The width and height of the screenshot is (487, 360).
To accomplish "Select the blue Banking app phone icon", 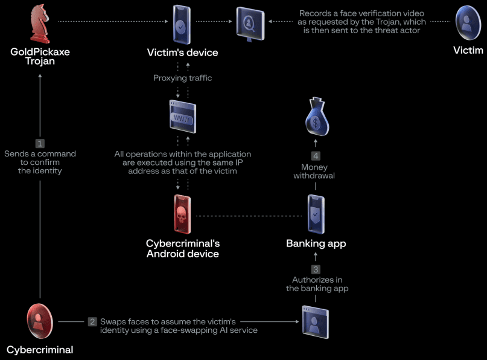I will pos(316,214).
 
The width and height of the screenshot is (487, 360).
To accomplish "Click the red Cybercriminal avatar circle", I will pos(40,321).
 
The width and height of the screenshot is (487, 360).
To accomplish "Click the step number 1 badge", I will pos(40,143).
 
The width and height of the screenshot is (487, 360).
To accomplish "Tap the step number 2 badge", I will pos(92,321).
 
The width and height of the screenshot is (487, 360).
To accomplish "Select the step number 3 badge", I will pos(316,269).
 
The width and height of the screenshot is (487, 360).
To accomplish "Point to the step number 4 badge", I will pos(316,156).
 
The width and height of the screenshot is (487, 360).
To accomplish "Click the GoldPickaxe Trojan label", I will pos(40,57).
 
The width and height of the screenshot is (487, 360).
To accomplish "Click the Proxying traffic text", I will pos(183,78).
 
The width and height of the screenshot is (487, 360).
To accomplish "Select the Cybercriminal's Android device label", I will pos(183,248).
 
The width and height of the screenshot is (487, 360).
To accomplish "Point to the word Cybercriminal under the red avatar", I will pos(40,350).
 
